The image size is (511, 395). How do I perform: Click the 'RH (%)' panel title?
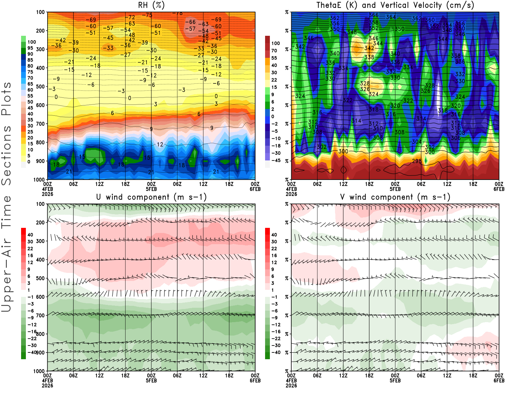(151, 5)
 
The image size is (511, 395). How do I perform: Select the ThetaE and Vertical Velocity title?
(395, 5)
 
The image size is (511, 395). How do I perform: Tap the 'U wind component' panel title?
(151, 197)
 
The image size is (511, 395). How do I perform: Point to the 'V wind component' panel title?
(395, 197)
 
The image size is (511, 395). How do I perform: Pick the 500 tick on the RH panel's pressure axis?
(40, 87)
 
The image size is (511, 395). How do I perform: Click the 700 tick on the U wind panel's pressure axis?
(40, 315)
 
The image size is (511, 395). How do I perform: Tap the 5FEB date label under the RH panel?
(151, 189)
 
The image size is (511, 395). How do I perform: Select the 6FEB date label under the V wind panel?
(499, 381)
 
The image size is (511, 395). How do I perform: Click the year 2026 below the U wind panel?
(48, 385)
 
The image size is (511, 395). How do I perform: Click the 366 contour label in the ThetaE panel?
(374, 15)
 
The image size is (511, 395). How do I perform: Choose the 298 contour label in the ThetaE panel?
(417, 161)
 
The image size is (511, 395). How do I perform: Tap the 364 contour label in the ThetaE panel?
(391, 17)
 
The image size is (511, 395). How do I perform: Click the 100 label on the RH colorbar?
(32, 42)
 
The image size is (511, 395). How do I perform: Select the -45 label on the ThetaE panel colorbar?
(276, 160)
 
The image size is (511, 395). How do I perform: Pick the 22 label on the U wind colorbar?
(30, 248)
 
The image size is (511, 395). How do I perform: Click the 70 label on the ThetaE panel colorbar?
(274, 50)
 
